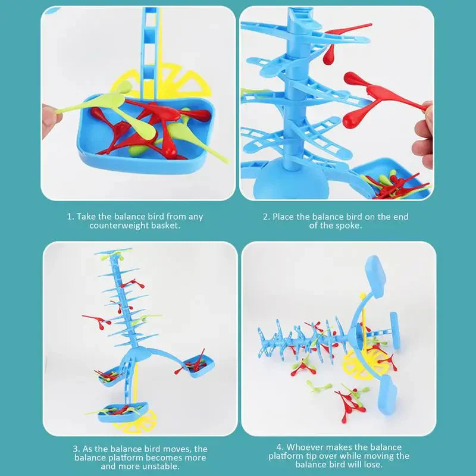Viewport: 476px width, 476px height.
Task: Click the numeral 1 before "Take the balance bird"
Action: click(x=69, y=217)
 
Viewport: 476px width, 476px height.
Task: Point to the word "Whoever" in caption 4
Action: click(x=306, y=447)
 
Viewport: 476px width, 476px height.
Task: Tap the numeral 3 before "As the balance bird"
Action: click(x=76, y=449)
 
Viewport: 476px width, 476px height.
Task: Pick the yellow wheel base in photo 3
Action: click(x=137, y=424)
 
